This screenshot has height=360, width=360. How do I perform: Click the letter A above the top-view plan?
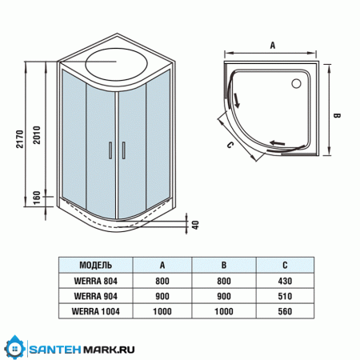point(272,46)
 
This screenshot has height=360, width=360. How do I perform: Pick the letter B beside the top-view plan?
point(337,117)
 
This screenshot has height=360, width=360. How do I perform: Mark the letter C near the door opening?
point(230,145)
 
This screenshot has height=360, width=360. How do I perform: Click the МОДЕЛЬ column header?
point(96,266)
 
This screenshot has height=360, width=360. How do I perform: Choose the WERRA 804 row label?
point(96,280)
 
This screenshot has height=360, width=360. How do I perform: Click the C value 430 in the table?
point(286,280)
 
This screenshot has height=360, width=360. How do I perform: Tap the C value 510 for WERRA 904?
point(286,295)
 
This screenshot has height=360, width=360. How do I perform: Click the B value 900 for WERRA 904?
point(225,295)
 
